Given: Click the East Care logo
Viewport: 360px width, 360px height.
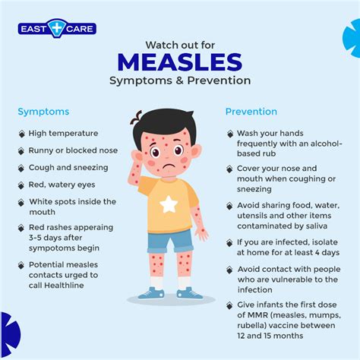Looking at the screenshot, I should (57, 30).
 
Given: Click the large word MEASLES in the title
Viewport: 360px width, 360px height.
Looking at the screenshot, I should (180, 62).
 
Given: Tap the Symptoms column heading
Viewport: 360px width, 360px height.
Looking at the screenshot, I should (44, 112).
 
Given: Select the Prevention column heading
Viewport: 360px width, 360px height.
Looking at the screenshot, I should (251, 112).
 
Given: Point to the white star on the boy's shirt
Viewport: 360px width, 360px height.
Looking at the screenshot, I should (168, 204).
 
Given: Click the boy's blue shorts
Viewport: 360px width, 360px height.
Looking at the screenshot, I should (169, 241).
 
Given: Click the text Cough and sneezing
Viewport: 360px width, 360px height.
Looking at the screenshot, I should (68, 167).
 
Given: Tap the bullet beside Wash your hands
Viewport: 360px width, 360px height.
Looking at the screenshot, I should (230, 134).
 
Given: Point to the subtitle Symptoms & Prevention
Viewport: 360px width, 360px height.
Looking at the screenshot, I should (180, 81).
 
